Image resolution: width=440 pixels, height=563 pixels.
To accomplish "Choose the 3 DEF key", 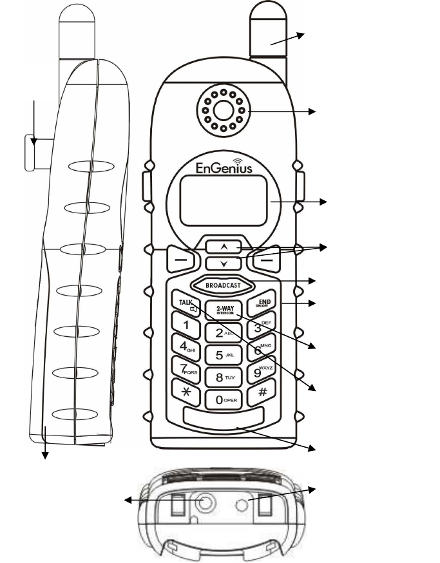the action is coord(259,327).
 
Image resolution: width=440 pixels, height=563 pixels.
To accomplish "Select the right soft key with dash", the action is coord(265,258).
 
